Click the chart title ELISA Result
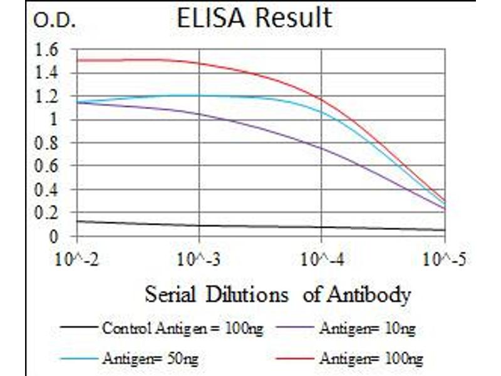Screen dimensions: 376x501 click(254, 19)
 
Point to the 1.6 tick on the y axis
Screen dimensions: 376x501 click(48, 49)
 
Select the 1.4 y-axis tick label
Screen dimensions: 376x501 click(48, 73)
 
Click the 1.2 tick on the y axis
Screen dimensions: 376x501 click(48, 97)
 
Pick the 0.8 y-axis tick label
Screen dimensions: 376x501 click(48, 144)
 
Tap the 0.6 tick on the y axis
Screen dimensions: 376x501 click(48, 167)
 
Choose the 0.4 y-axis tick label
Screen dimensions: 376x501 click(48, 190)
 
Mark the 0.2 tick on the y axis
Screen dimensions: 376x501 click(48, 214)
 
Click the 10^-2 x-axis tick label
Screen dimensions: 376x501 click(77, 259)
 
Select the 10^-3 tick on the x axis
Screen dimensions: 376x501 click(199, 259)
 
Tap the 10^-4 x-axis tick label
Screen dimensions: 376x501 click(322, 259)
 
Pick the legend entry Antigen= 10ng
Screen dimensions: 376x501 click(367, 327)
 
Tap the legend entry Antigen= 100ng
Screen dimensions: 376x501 click(371, 359)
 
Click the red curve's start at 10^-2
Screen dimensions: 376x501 click(78, 60)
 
